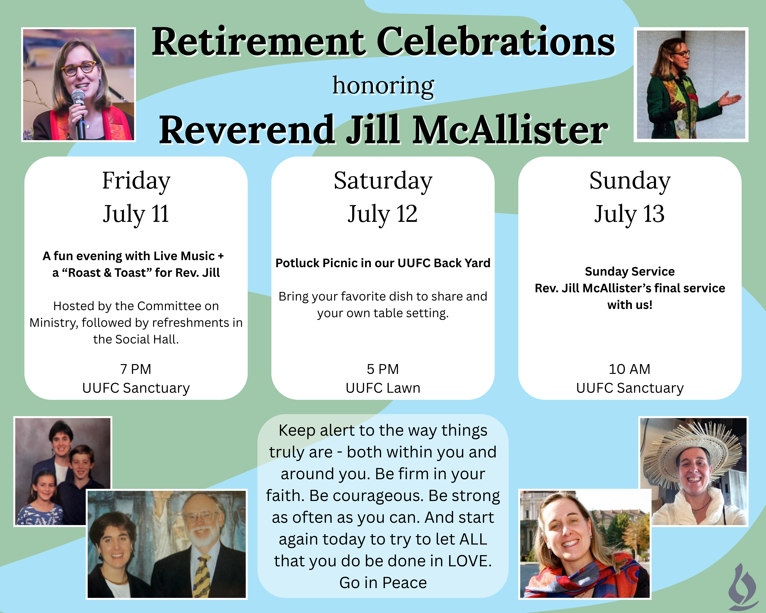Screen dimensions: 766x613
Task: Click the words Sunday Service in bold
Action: (630, 271)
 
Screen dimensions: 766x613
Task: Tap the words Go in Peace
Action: (383, 582)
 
